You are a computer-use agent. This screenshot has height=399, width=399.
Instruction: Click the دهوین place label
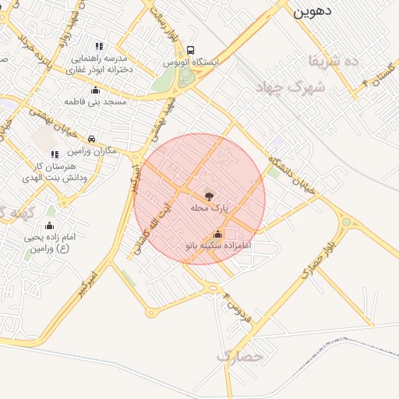point(312,11)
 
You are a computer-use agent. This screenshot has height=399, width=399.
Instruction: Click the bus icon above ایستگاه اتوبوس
point(192,48)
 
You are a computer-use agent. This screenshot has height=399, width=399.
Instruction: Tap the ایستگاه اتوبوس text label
point(192,61)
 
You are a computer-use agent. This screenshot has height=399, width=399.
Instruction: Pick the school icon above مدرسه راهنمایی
point(99,46)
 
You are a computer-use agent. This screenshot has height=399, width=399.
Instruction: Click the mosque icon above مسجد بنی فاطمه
point(96,90)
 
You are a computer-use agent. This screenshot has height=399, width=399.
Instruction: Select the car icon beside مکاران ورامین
point(92,139)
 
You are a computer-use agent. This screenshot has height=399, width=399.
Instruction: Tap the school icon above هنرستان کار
point(55,154)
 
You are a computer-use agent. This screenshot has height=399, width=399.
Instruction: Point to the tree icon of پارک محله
point(209,196)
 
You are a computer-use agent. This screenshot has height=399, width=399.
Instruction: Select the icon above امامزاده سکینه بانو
point(217,234)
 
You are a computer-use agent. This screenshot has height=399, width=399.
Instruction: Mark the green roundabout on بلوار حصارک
point(345,222)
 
